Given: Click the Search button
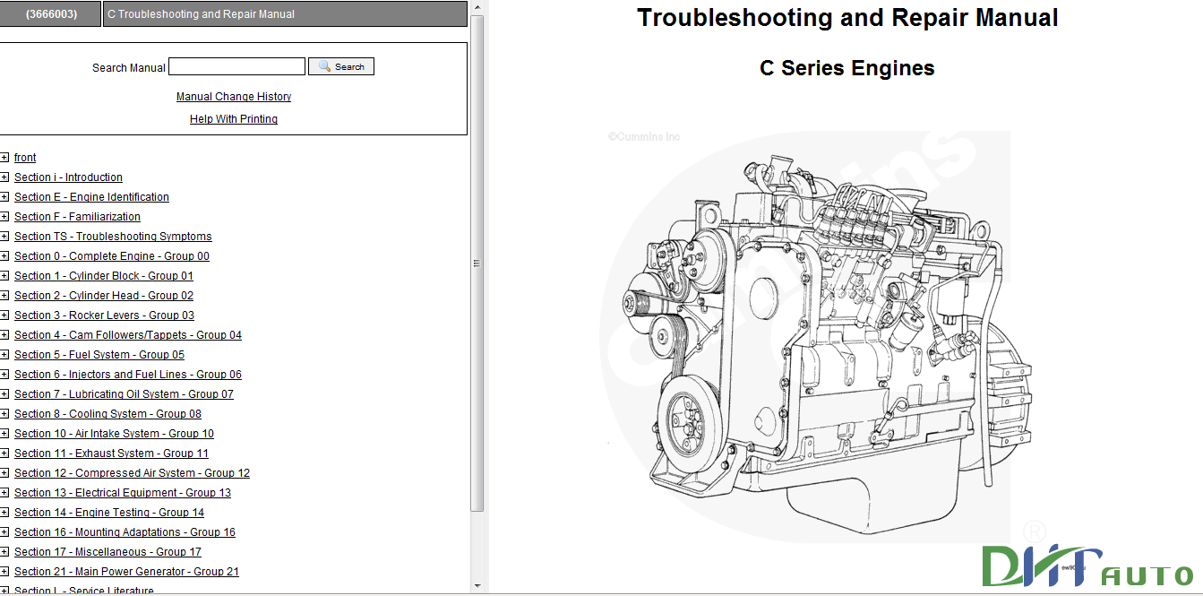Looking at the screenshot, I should (341, 66).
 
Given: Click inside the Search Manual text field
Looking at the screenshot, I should (236, 66).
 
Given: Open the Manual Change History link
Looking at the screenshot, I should (233, 97).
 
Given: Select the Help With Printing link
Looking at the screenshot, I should (233, 119).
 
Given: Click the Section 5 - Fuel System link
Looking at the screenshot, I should (99, 355).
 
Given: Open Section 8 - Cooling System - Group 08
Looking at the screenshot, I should (107, 414).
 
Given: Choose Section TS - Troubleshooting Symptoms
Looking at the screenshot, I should (113, 237).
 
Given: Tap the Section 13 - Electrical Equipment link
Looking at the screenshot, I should (122, 493).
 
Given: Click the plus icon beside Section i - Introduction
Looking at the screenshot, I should (4, 177).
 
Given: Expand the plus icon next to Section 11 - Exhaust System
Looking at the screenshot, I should (4, 453).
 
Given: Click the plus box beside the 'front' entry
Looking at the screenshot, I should (4, 158).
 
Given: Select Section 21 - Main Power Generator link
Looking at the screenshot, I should (126, 572).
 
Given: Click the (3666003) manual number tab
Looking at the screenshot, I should (50, 14).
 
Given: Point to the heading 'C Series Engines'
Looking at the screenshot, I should (846, 68).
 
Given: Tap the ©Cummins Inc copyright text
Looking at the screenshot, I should (644, 137).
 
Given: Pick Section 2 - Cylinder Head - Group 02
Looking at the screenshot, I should (103, 296).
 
